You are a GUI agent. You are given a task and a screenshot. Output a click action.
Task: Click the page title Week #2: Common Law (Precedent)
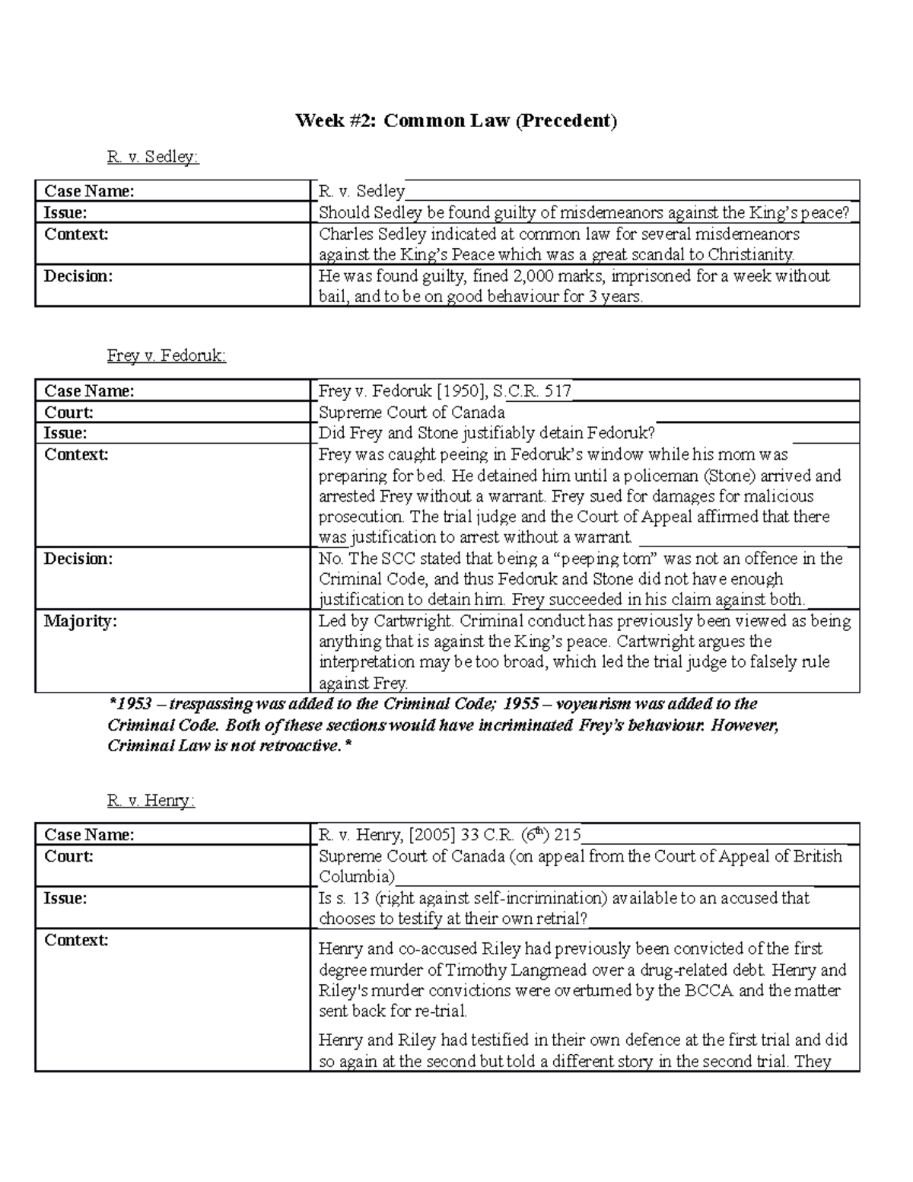pos(456,120)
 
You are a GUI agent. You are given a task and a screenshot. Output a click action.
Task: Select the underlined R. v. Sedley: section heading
pos(152,157)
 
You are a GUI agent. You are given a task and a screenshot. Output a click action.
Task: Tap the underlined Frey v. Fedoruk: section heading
pos(167,355)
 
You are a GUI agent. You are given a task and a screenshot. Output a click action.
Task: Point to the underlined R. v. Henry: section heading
pos(151,801)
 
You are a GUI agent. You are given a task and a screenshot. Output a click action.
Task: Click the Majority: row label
pos(81,621)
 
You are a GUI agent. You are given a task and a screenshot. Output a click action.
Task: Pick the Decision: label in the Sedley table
pos(78,276)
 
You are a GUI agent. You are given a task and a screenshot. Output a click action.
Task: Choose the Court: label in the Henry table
pos(68,856)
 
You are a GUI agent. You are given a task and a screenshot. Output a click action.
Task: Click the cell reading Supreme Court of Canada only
pos(412,413)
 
